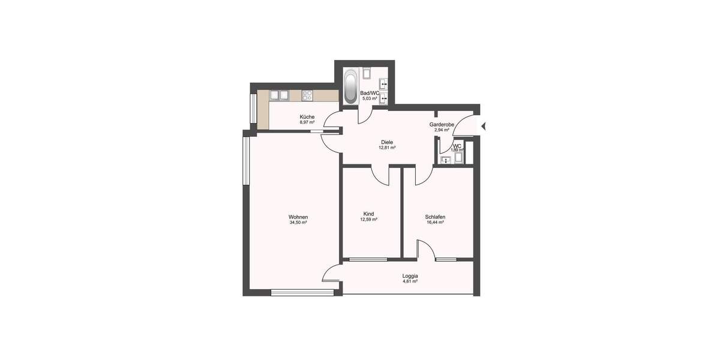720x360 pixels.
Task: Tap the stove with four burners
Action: coord(308,95)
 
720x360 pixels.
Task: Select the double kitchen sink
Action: coord(280,95)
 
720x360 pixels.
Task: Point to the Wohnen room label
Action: coord(298,217)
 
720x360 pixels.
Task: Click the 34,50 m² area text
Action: coord(298,223)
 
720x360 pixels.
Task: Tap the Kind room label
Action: coord(368,214)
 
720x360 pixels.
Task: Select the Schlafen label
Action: coord(434,217)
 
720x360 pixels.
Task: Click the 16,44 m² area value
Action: coord(434,223)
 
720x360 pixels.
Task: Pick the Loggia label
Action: coord(410,276)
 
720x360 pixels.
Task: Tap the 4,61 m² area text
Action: coord(410,281)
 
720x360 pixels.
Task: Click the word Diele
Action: coord(387,142)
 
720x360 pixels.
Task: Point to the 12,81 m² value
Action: coord(387,148)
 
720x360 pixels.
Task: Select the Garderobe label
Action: coord(442,124)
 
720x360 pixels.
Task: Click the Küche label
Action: coord(307,117)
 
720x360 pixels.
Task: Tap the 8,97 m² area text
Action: coord(307,122)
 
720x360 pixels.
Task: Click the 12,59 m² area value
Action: coord(368,220)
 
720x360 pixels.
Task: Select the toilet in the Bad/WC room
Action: coord(368,75)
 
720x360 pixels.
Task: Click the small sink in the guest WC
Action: coord(445,160)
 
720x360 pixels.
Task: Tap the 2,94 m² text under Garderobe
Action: coord(442,130)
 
